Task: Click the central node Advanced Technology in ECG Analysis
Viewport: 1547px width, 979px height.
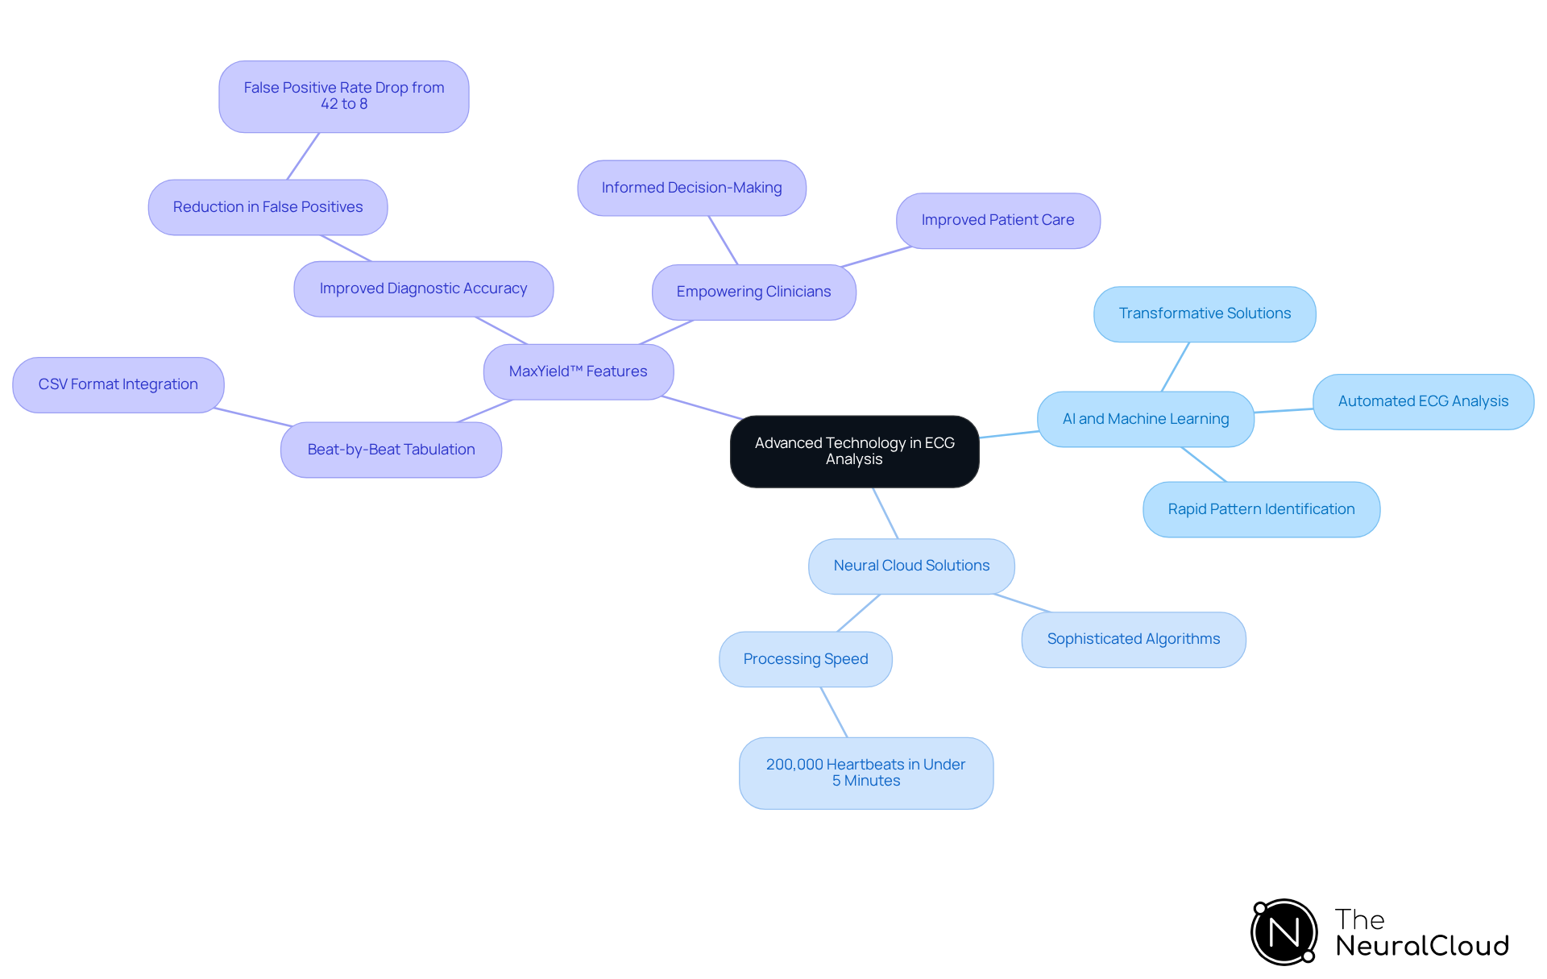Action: click(x=854, y=451)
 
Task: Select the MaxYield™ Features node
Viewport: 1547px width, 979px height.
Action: click(x=578, y=371)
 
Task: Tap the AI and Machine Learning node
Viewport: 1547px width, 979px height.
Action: click(x=1145, y=419)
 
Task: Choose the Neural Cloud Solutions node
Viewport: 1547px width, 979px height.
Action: click(x=911, y=566)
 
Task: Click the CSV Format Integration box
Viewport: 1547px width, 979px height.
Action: click(x=118, y=384)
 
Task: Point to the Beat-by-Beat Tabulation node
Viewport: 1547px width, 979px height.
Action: click(x=391, y=450)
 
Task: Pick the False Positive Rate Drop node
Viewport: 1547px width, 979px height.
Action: click(x=343, y=96)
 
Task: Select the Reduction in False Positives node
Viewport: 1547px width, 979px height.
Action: click(x=268, y=207)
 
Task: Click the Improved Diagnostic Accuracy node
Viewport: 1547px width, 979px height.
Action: click(x=423, y=288)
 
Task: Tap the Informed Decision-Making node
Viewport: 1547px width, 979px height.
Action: click(x=691, y=188)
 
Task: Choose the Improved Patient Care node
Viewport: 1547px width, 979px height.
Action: click(x=997, y=220)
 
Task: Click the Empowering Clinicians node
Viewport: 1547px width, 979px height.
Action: click(x=753, y=292)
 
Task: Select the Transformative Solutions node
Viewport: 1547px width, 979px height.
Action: click(x=1205, y=313)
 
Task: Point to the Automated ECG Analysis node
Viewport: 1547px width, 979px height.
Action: click(x=1423, y=401)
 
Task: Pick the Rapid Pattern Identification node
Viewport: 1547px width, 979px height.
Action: click(x=1261, y=509)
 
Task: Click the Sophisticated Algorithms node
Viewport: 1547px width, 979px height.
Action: click(x=1133, y=639)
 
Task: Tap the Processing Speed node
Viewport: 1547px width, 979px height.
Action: click(x=805, y=659)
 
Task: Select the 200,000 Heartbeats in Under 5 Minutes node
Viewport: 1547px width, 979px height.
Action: click(x=865, y=773)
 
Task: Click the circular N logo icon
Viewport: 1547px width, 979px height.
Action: click(x=1284, y=932)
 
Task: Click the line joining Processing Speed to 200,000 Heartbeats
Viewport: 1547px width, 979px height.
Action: click(x=834, y=712)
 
